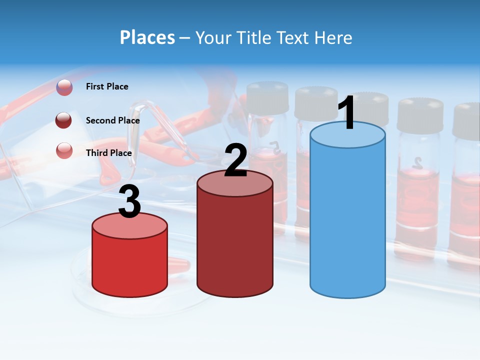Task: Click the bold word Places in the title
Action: [x=147, y=37]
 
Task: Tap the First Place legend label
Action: [x=107, y=86]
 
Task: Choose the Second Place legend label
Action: [x=112, y=120]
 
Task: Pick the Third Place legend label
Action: [x=108, y=153]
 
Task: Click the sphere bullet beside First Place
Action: [x=64, y=87]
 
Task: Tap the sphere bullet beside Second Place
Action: [x=64, y=120]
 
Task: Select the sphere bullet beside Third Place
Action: [x=64, y=150]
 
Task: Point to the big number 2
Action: [x=235, y=160]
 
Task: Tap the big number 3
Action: [x=130, y=202]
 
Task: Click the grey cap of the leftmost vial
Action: [x=268, y=97]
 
